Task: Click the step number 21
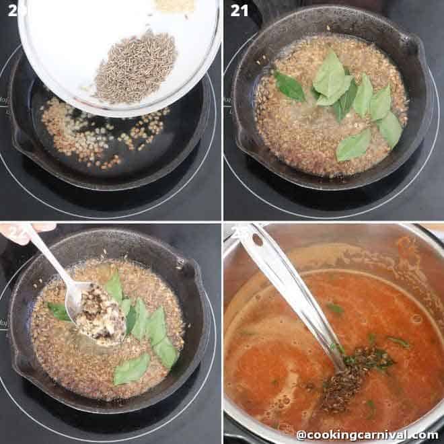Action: (x=239, y=10)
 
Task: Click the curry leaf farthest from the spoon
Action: (x=132, y=369)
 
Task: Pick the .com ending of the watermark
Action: (x=426, y=435)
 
